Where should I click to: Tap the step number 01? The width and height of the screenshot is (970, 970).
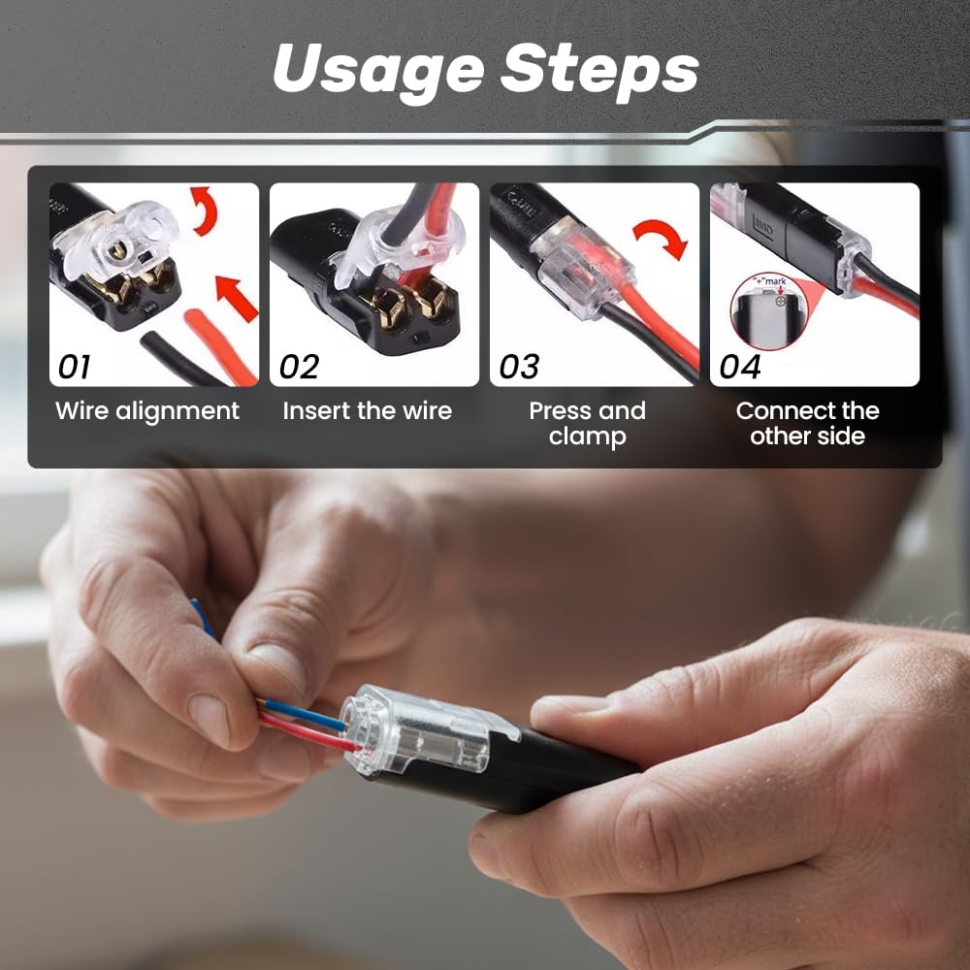coord(75,367)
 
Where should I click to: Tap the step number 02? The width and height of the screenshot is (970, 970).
coord(299,367)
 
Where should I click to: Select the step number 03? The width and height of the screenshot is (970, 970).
coord(519,367)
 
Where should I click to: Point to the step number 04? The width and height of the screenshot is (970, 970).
coord(740,367)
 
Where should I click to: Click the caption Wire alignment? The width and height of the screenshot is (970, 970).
coord(147,411)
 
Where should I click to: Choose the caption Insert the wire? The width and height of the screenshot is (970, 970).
coord(368,411)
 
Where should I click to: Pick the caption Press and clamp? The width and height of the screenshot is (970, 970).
coord(587,424)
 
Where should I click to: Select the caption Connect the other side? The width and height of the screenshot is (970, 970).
coord(807,424)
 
